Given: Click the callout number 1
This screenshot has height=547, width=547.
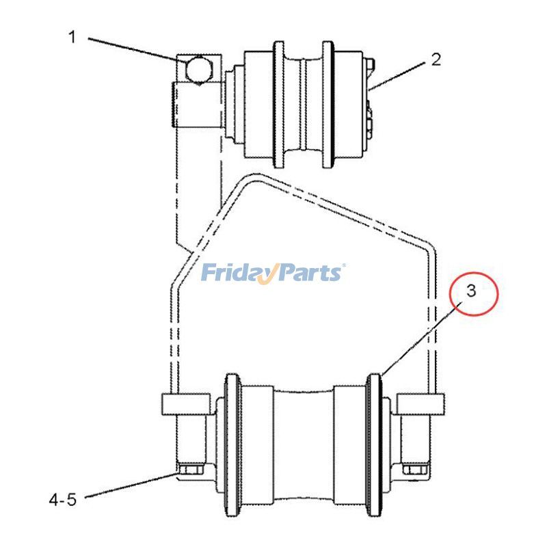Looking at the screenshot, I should click(72, 37).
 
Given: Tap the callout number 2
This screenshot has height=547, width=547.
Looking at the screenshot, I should click(436, 59).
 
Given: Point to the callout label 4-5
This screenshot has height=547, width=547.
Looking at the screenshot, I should click(62, 500).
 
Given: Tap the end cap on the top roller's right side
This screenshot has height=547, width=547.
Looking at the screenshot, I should click(370, 103).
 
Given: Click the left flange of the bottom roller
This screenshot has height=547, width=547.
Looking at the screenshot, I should click(230, 444).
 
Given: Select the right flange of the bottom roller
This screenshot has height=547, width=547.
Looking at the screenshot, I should click(375, 444).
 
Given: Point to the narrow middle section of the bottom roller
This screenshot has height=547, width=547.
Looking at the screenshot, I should click(303, 444).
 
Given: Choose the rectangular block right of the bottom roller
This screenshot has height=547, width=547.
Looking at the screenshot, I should click(419, 403).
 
